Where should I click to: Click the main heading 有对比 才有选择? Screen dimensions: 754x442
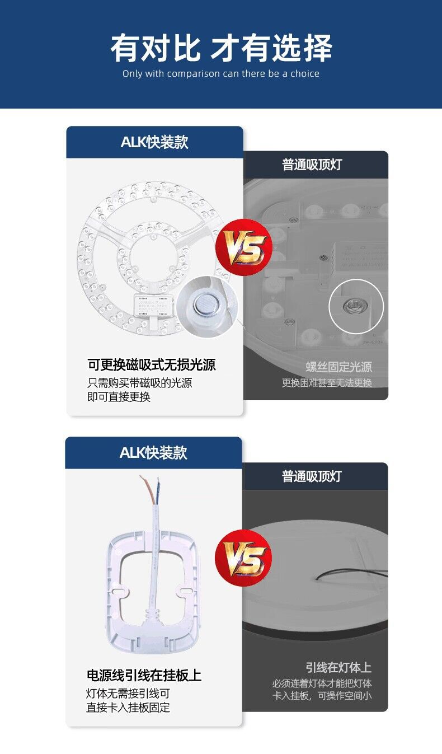point(221,48)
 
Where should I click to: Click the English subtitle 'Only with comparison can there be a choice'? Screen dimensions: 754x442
point(221,74)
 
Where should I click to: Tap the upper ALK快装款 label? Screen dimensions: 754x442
point(154,142)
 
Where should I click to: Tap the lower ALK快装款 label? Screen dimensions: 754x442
point(153,452)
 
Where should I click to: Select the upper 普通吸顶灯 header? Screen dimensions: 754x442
point(312,165)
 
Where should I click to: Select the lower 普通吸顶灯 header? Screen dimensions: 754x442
point(312,476)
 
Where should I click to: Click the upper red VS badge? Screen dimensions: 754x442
point(244,247)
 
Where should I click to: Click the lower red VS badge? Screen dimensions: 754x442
point(244,558)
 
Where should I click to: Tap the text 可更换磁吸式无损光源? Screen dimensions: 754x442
point(152,365)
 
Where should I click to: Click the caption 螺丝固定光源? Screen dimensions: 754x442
point(338,367)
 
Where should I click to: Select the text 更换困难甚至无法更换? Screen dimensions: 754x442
point(327,383)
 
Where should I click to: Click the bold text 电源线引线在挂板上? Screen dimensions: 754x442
point(144,676)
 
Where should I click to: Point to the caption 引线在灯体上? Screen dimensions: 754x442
point(338,667)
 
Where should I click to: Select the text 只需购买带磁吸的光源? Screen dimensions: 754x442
point(140,383)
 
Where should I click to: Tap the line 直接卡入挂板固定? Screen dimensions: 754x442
point(128,708)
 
